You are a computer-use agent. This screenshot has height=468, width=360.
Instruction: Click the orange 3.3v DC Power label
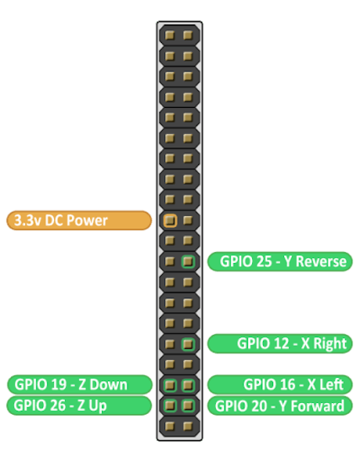79,221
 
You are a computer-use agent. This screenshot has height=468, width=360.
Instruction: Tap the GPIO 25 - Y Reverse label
280,261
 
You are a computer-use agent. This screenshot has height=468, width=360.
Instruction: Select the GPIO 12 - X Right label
280,343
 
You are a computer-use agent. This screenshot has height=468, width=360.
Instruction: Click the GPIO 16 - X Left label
280,385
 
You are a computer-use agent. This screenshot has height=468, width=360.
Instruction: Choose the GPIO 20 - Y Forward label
280,406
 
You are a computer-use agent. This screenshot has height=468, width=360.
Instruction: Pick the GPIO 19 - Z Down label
79,385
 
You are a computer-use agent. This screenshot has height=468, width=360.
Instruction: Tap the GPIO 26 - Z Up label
79,406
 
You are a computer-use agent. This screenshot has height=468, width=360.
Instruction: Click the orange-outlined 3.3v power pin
169,221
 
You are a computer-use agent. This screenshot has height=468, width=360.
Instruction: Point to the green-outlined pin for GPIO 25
188,261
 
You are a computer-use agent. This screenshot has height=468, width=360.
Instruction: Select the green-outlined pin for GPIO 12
188,344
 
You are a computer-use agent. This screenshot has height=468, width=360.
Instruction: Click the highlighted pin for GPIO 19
169,385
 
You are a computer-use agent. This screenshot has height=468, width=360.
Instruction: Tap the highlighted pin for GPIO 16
188,385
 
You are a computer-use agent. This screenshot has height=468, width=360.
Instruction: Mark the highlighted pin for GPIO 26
169,406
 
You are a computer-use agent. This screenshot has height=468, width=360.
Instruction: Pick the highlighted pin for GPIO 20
188,406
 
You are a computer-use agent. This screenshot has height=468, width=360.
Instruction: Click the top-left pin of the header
169,35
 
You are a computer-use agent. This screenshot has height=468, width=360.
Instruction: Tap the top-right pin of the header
188,35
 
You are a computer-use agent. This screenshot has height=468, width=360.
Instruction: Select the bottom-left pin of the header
169,426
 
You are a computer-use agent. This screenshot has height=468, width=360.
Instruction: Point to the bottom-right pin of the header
188,426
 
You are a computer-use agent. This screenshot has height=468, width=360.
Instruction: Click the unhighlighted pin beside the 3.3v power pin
188,221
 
